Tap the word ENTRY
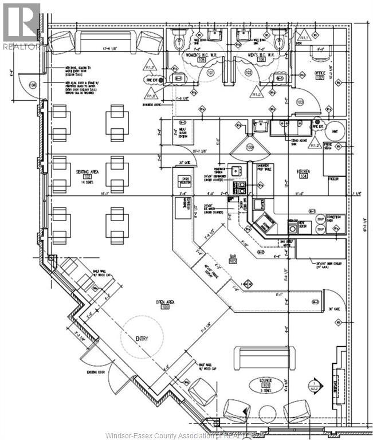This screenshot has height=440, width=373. pos(142,339)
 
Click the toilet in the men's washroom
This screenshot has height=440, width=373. pos(279,41)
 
